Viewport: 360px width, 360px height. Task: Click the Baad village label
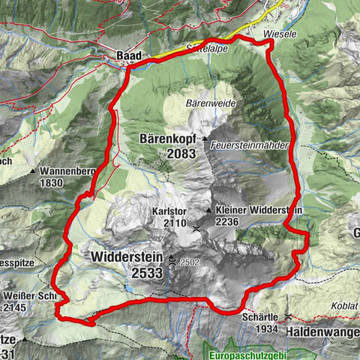[x=128, y=55]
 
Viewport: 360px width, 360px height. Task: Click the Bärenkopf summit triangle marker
[x=205, y=139]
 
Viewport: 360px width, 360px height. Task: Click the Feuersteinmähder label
[x=250, y=144]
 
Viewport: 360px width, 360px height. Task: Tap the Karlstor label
[x=168, y=211]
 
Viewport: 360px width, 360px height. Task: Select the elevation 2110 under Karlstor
[x=173, y=223]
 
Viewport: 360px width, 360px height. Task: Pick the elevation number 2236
[x=228, y=223]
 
